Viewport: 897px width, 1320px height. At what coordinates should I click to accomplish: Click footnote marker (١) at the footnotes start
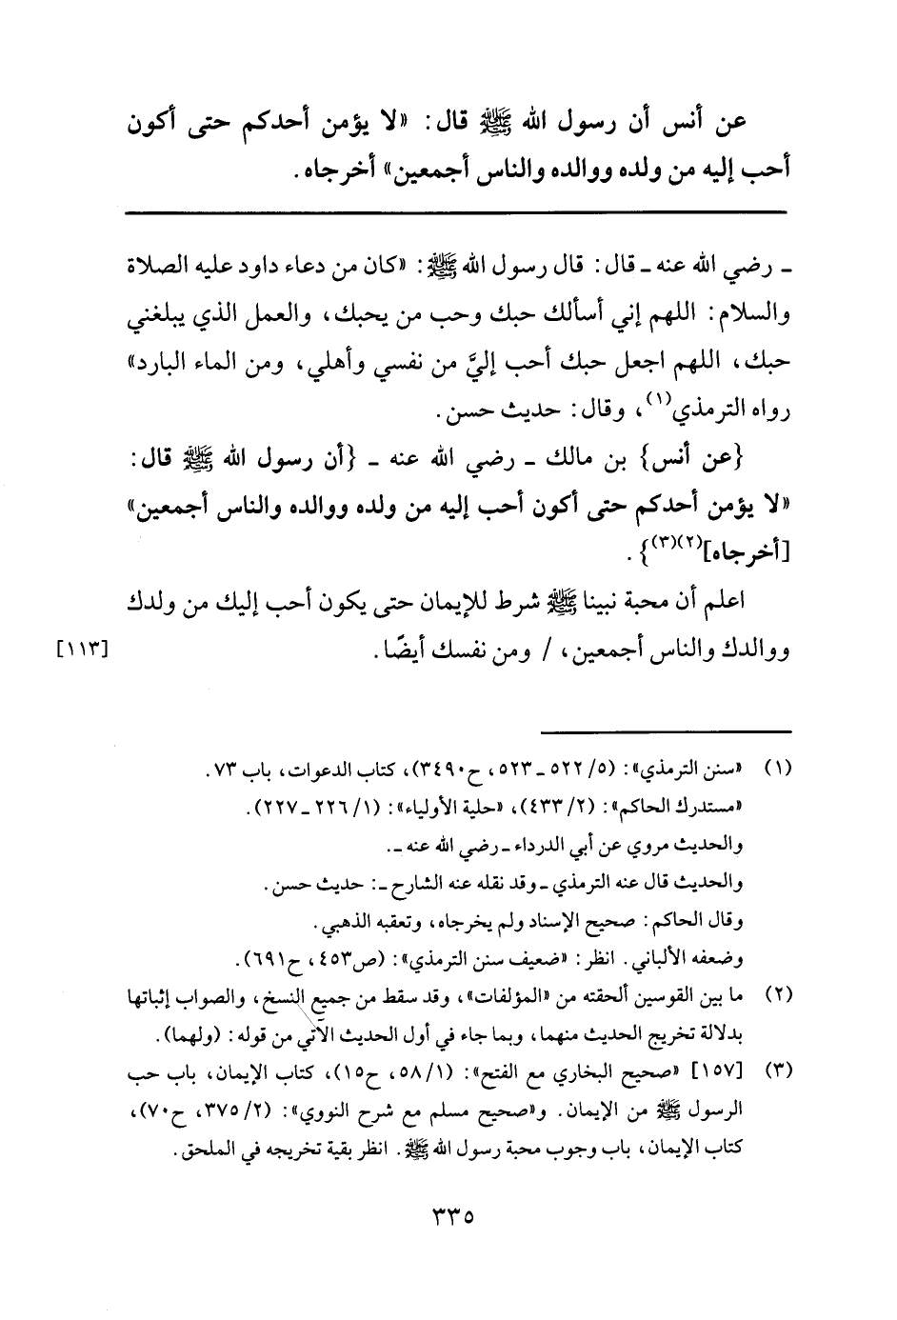779,767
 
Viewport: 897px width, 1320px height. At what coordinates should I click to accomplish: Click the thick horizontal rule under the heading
456,210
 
